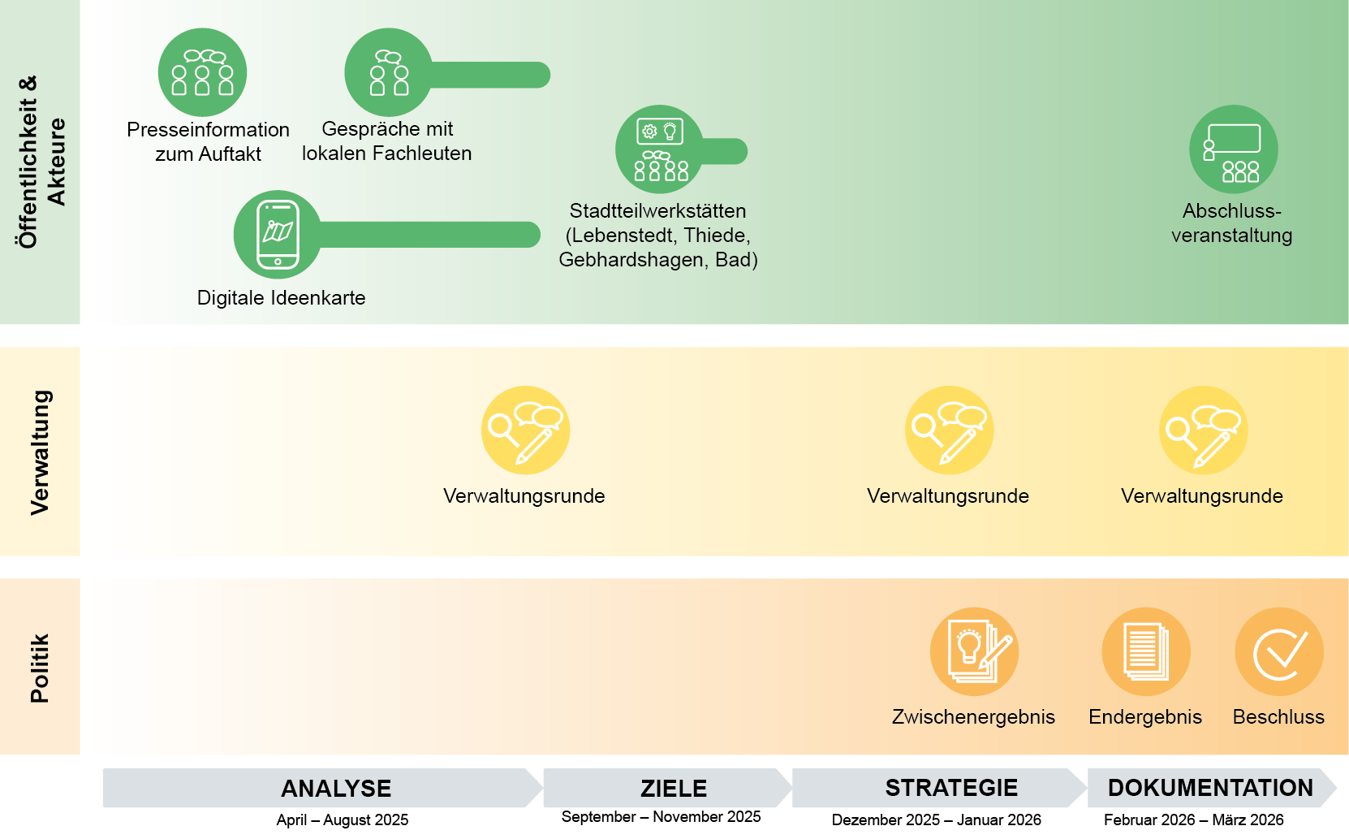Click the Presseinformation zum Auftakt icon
pyautogui.click(x=202, y=72)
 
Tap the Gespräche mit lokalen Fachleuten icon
pyautogui.click(x=389, y=72)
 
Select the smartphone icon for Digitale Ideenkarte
pyautogui.click(x=278, y=235)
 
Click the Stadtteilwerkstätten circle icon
pyautogui.click(x=659, y=149)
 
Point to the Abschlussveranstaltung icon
pyautogui.click(x=1233, y=149)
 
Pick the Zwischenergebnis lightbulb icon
pyautogui.click(x=974, y=651)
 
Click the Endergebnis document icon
pyautogui.click(x=1145, y=651)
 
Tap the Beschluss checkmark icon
pyautogui.click(x=1278, y=651)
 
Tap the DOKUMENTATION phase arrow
pyautogui.click(x=1210, y=788)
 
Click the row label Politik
pyautogui.click(x=40, y=668)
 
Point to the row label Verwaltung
pyautogui.click(x=40, y=452)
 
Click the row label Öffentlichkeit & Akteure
pyautogui.click(x=40, y=162)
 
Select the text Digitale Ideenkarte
pyautogui.click(x=281, y=298)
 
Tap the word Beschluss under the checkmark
pyautogui.click(x=1278, y=717)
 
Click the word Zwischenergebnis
pyautogui.click(x=973, y=717)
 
